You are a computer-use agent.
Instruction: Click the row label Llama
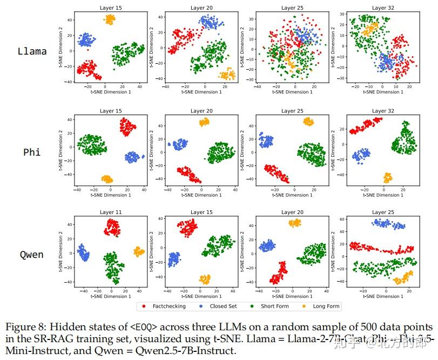click(32, 52)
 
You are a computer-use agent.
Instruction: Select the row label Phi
click(32, 152)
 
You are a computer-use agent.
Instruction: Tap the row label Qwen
click(32, 254)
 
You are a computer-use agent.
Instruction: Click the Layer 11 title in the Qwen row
click(111, 212)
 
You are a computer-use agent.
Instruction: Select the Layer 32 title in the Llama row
click(379, 8)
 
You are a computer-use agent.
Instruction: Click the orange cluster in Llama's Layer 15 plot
click(110, 20)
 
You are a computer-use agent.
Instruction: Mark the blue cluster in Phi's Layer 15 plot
click(132, 157)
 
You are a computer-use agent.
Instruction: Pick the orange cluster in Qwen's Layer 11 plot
click(139, 251)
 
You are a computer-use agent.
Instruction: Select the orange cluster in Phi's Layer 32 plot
click(387, 177)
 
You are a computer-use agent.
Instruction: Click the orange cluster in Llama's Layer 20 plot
click(227, 74)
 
